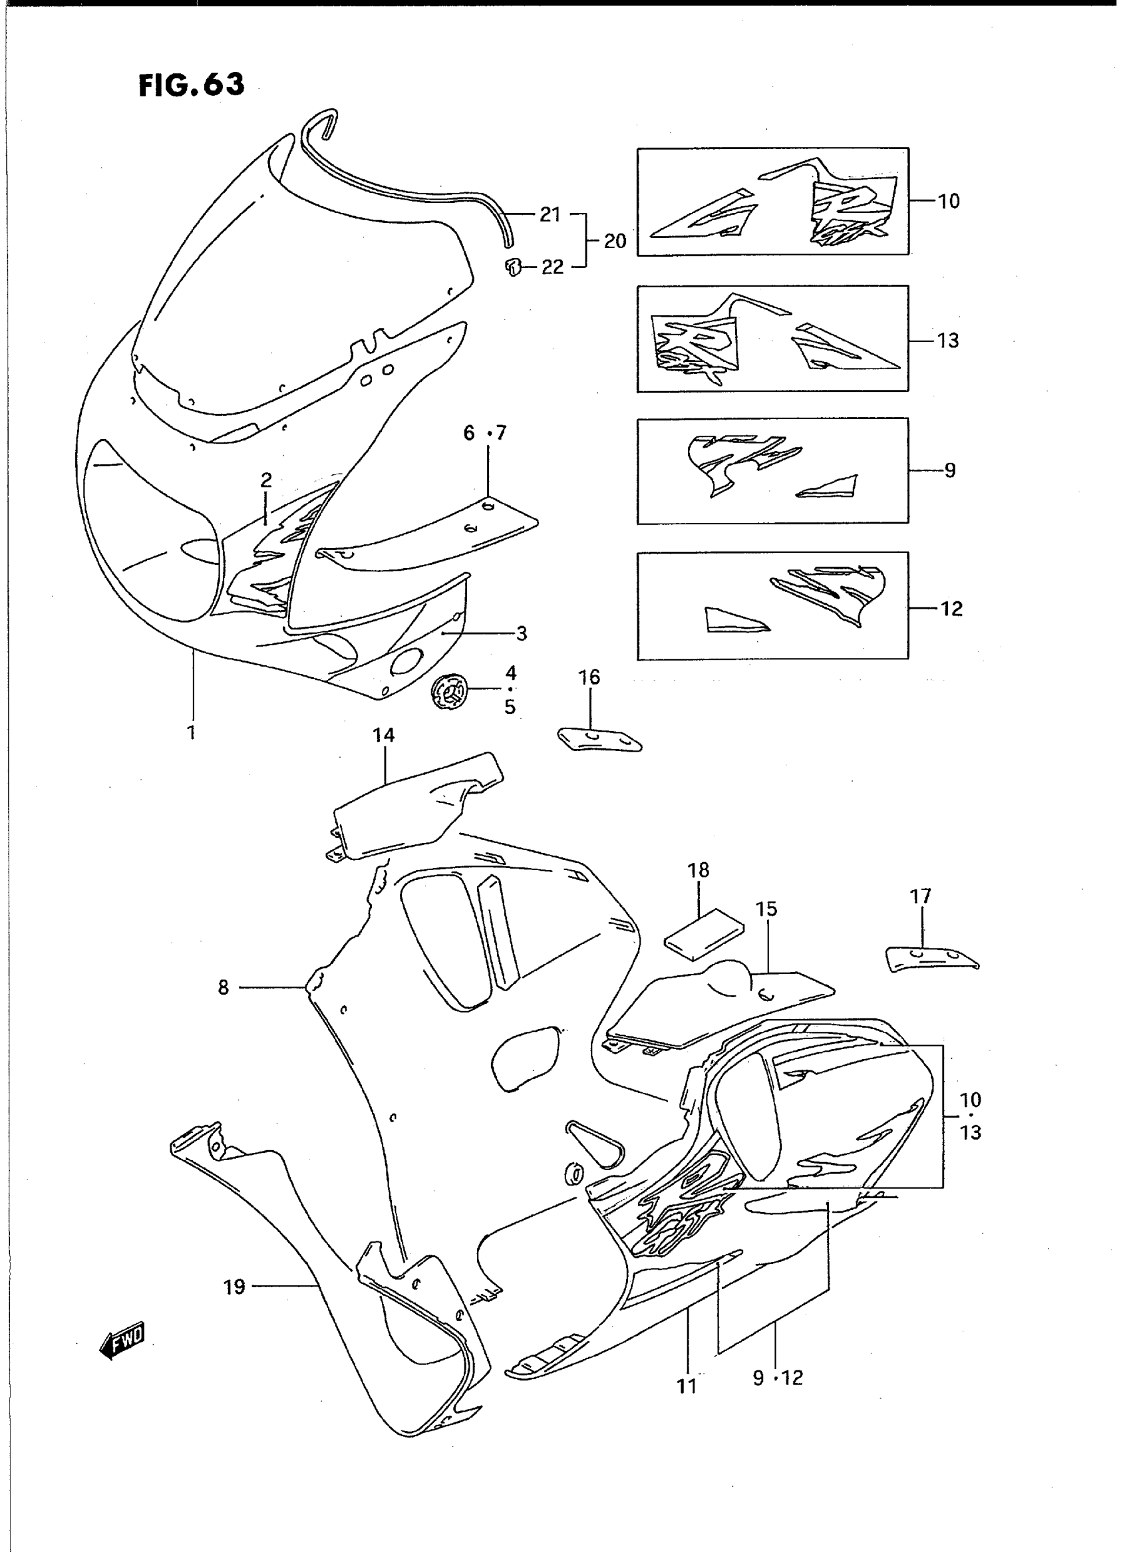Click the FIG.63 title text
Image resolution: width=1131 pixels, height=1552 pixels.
coord(191,85)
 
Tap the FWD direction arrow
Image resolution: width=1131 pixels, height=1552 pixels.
coord(122,1336)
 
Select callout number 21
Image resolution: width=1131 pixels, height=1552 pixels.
coord(550,215)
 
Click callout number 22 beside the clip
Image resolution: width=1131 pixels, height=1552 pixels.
coord(552,267)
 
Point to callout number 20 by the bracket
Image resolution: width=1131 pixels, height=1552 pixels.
coord(615,241)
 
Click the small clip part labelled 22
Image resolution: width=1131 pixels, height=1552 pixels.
coord(513,266)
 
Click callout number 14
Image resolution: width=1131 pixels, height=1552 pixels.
coord(383,735)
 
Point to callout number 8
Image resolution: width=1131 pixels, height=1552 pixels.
coord(223,988)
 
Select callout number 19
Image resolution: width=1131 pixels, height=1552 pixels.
coord(234,1287)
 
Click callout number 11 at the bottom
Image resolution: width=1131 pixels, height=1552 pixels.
coord(686,1386)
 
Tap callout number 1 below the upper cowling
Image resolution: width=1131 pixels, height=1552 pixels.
coord(192,732)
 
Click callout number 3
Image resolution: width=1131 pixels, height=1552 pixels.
coord(522,634)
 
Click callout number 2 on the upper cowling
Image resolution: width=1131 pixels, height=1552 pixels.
coord(265,480)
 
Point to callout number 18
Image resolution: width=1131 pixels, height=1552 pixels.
coord(699,870)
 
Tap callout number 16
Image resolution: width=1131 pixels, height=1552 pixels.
coord(589,677)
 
